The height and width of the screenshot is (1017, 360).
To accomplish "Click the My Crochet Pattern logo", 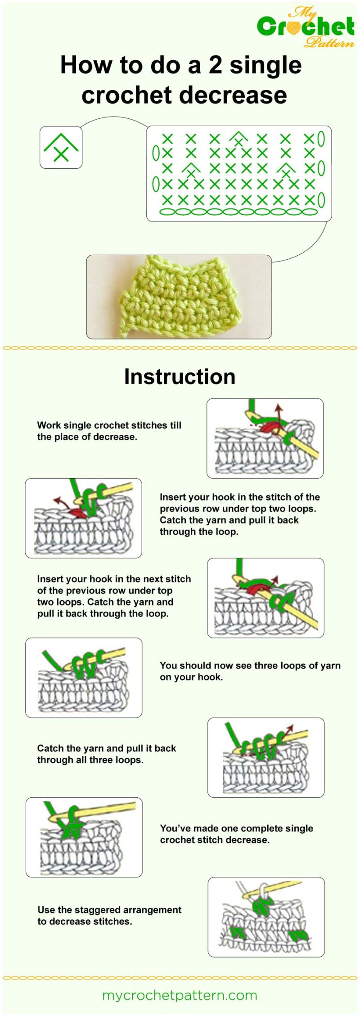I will (306, 27).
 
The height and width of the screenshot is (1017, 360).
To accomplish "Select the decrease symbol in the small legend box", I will (61, 148).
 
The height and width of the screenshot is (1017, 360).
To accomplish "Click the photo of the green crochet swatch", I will (179, 297).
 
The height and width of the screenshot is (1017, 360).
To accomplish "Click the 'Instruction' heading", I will (180, 376).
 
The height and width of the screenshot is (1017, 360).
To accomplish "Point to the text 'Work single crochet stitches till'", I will (109, 425).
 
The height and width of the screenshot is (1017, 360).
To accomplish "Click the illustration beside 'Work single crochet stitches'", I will (265, 438).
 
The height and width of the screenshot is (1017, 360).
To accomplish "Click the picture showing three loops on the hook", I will (84, 677).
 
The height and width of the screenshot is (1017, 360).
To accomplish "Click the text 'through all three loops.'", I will (90, 760).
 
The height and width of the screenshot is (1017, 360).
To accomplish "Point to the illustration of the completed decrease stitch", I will (84, 837).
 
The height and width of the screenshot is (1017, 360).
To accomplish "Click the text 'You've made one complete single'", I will (236, 828).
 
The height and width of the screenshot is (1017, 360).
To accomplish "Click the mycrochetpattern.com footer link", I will (180, 995).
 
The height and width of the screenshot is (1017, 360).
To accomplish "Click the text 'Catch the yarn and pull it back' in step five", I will (106, 748).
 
